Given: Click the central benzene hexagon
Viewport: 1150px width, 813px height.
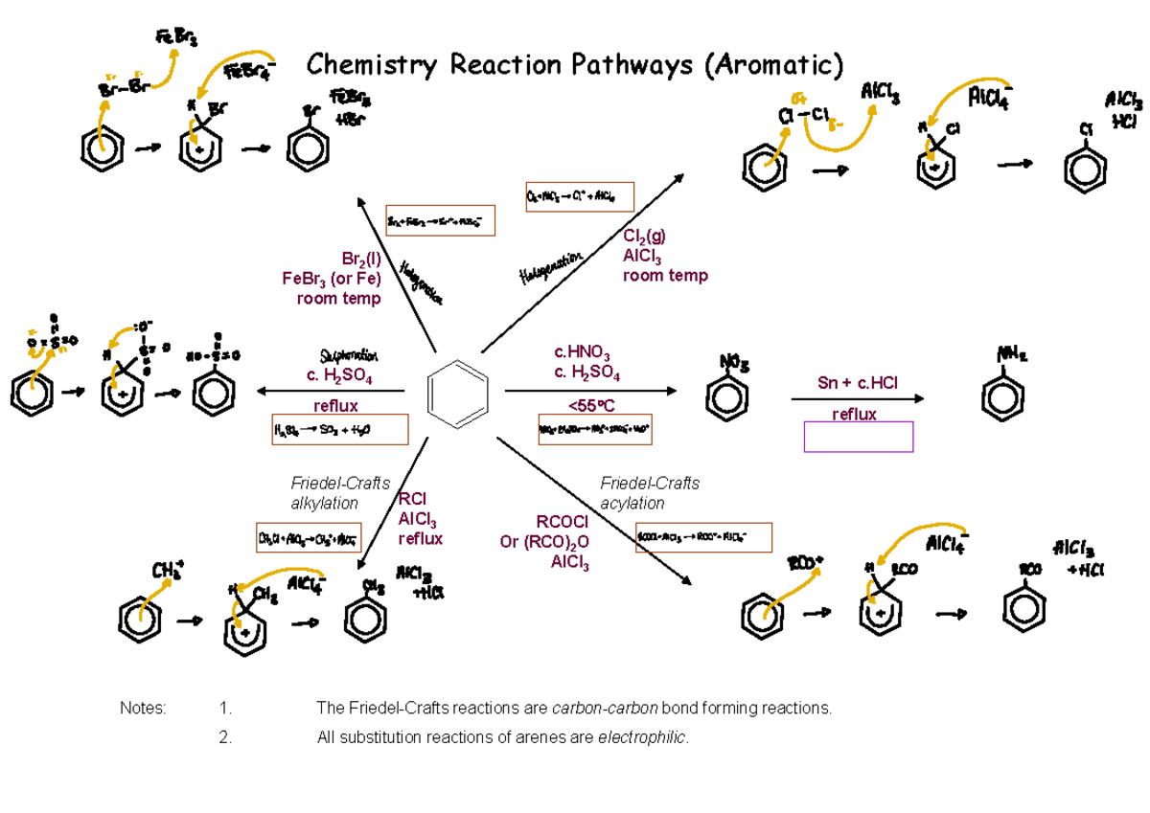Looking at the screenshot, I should (x=458, y=394).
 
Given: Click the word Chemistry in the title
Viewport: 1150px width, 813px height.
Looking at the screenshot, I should (x=372, y=65).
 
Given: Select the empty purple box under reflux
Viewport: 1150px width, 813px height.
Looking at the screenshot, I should (x=859, y=437).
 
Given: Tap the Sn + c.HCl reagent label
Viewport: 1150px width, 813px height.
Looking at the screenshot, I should (x=858, y=383).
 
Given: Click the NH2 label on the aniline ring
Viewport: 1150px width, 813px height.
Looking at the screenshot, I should (x=1010, y=355).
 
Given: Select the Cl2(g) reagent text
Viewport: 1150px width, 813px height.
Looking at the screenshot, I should (x=644, y=236).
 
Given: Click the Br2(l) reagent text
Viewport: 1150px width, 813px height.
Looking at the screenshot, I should (x=360, y=259).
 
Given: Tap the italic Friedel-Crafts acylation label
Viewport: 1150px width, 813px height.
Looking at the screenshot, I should (x=650, y=493).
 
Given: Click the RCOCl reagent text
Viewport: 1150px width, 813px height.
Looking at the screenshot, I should (x=562, y=522).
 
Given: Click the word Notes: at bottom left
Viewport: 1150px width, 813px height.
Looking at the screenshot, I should (x=143, y=709).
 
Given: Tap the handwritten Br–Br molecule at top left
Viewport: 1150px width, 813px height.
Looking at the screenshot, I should (x=124, y=87).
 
